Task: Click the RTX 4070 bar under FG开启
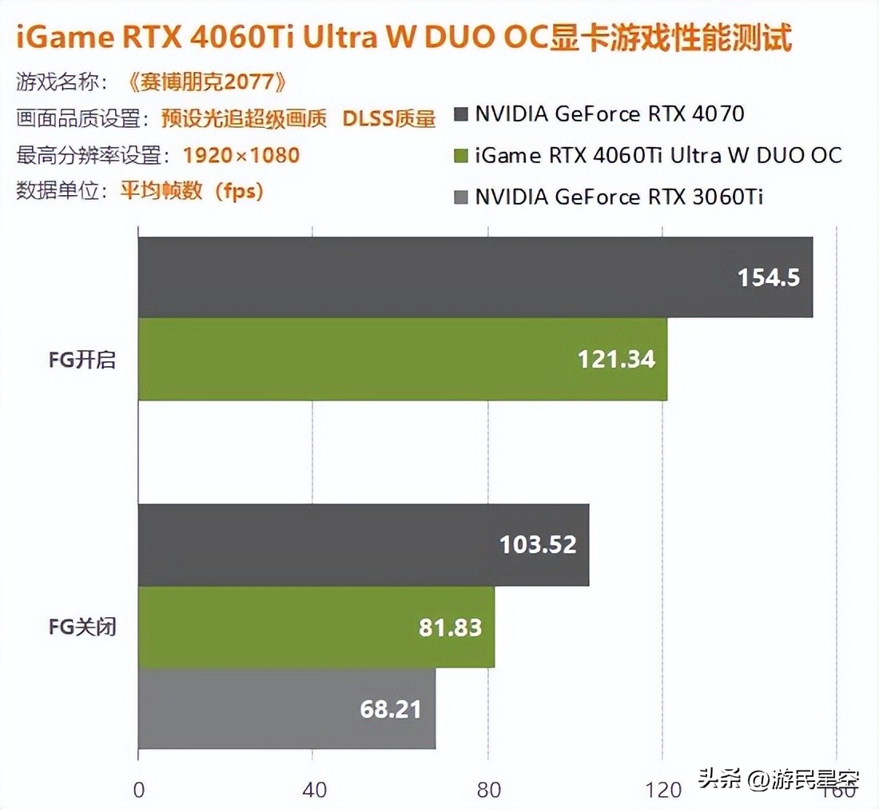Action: coord(475,277)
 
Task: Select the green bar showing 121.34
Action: coord(403,359)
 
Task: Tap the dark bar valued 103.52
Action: coord(364,545)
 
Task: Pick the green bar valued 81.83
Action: coord(316,627)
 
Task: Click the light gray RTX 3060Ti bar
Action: coord(287,709)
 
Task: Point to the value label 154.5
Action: coord(768,277)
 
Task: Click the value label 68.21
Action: coord(390,709)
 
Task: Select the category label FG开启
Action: coord(82,360)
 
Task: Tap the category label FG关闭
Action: coord(82,627)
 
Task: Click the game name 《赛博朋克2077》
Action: coord(205,82)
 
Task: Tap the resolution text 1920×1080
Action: coord(241,155)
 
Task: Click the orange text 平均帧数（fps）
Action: coord(192,192)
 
